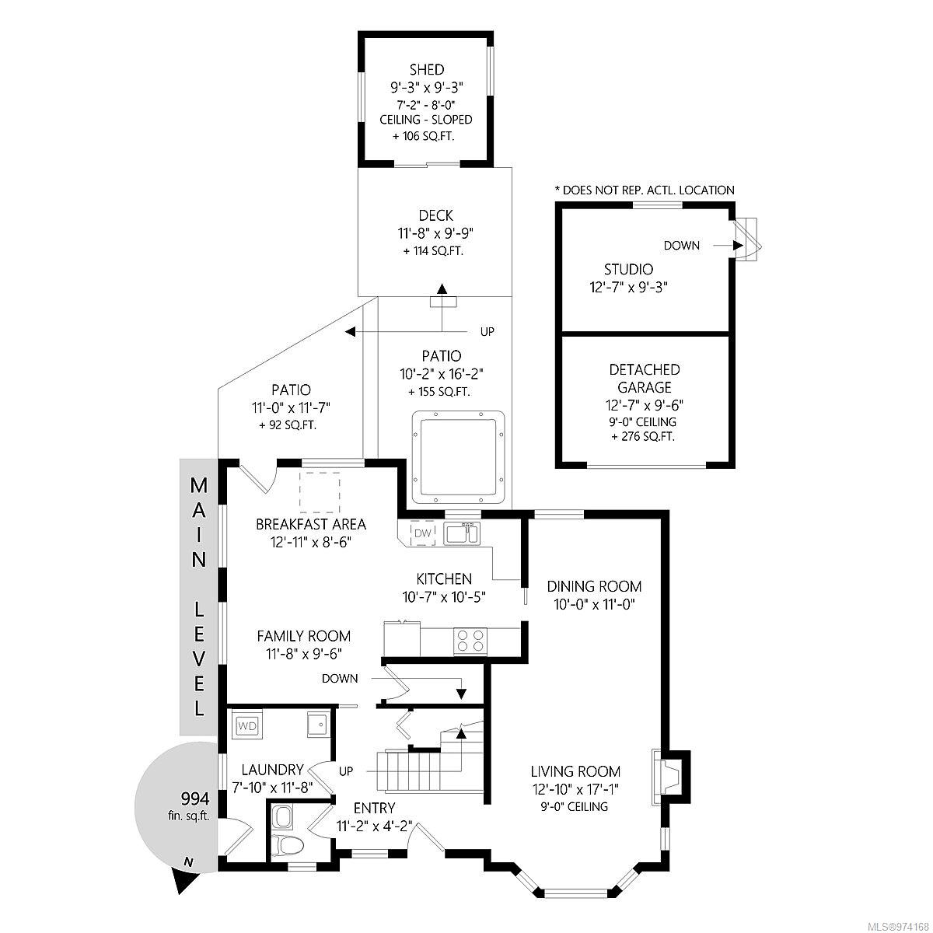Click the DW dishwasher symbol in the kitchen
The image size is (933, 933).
[423, 533]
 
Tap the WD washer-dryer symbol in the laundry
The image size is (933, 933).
[247, 725]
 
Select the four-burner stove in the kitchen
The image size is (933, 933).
[470, 641]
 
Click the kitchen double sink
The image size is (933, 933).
[462, 533]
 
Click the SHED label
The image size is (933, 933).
[427, 70]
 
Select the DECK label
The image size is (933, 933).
[435, 215]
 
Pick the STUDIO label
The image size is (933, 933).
[628, 269]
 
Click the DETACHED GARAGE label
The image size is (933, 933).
[644, 378]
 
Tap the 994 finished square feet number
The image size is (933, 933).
[194, 798]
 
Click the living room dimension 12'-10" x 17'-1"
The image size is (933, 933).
[575, 790]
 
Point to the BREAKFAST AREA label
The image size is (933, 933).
[311, 524]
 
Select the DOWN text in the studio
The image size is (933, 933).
[681, 246]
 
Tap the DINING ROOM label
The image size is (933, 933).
[593, 586]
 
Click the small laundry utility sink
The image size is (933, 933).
[318, 724]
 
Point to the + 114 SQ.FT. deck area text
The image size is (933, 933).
[433, 251]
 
